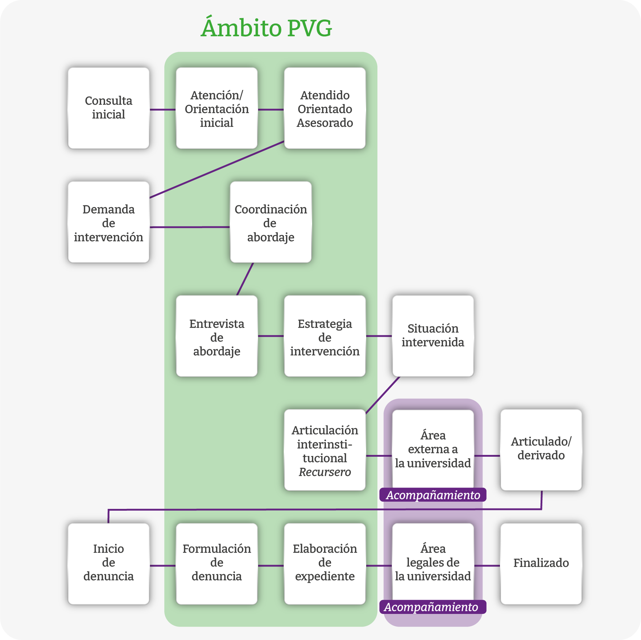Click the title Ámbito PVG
tap(266, 28)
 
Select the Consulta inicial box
tap(108, 108)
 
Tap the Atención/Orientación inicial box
tap(216, 108)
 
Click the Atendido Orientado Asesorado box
tap(325, 108)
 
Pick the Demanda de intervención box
tap(108, 222)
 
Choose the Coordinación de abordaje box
tap(270, 222)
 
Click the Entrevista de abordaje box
tap(216, 336)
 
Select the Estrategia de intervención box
tap(325, 336)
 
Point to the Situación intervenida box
tap(433, 336)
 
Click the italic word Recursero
tap(325, 472)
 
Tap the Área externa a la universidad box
tap(433, 449)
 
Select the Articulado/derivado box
tap(541, 449)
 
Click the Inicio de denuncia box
tap(108, 564)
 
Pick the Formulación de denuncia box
tap(216, 564)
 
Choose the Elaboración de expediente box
tap(325, 564)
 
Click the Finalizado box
tap(541, 564)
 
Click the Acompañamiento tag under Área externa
tap(433, 495)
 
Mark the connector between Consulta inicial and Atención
tap(162, 109)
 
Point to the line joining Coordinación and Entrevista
tap(245, 279)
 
